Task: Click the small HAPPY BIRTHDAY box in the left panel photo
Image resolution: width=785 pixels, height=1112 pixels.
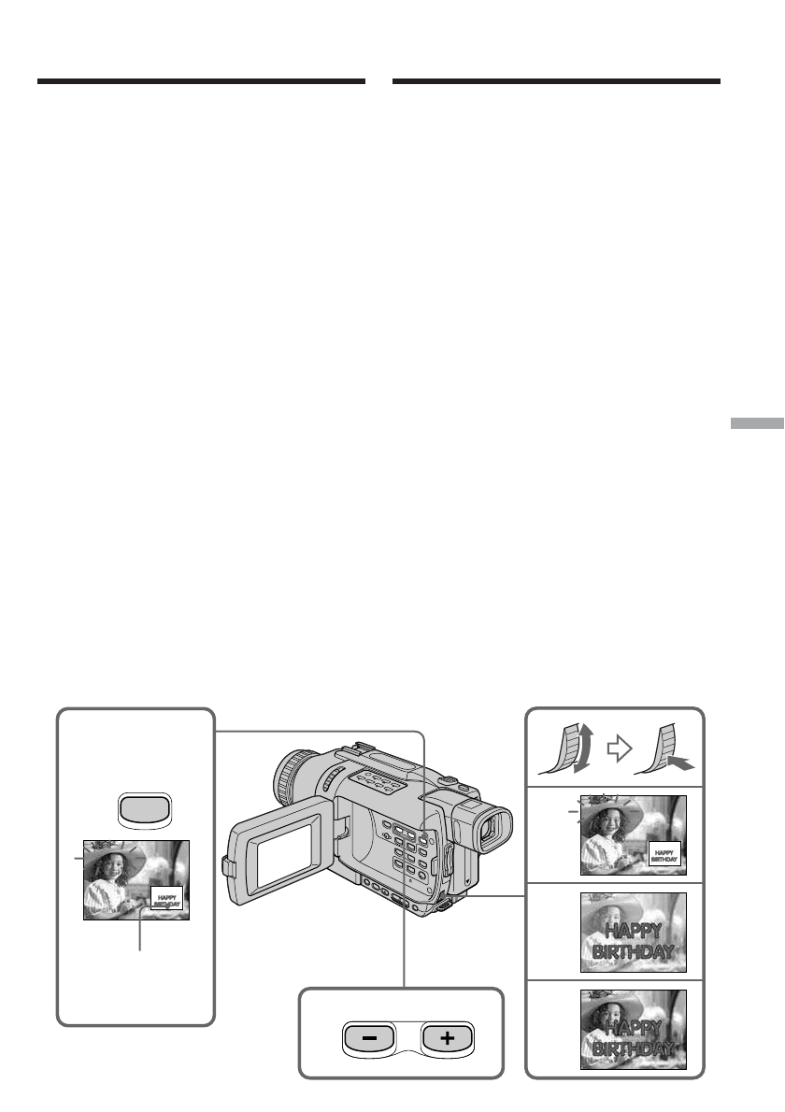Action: [167, 898]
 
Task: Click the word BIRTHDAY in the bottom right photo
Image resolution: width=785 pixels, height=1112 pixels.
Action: [633, 1048]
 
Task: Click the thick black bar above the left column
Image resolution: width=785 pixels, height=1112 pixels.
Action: [201, 82]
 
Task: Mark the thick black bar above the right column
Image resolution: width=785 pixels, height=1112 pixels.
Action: [556, 82]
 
